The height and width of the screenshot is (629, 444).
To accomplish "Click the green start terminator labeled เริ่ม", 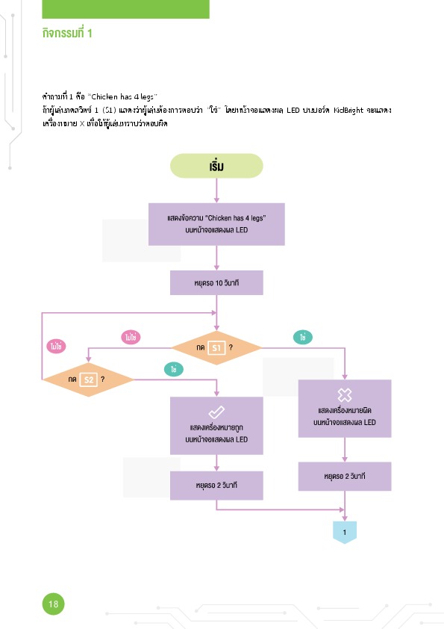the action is [216, 166].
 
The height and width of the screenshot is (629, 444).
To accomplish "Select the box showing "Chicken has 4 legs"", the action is [216, 224].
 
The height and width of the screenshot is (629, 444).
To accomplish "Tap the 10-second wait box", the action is [216, 282].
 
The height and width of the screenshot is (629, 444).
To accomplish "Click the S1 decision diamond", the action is [216, 348].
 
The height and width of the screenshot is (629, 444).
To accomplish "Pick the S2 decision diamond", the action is [88, 379].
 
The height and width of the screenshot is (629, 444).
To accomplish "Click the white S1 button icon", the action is [216, 348].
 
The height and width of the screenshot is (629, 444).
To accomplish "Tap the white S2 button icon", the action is [89, 379].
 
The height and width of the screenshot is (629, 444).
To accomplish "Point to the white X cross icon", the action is [345, 395].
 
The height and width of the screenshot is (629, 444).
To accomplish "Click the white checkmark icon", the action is [216, 412].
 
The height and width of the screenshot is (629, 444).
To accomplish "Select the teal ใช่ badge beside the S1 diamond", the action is [302, 338].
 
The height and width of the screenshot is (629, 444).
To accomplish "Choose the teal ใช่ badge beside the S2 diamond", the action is [174, 369].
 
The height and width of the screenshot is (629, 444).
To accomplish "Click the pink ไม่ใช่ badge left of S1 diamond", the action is [131, 338].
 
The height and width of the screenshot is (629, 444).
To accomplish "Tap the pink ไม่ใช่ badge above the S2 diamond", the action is [56, 346].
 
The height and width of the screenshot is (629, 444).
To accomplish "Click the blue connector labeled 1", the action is [345, 533].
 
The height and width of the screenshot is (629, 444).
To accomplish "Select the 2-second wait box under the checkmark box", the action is [216, 486].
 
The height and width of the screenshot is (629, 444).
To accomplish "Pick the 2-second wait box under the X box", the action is [345, 476].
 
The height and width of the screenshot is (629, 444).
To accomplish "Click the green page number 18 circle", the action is [53, 604].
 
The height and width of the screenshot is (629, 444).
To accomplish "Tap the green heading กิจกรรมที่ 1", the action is [67, 33].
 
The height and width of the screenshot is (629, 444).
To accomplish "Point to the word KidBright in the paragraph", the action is [348, 110].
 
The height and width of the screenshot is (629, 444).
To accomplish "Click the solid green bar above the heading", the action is [126, 9].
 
